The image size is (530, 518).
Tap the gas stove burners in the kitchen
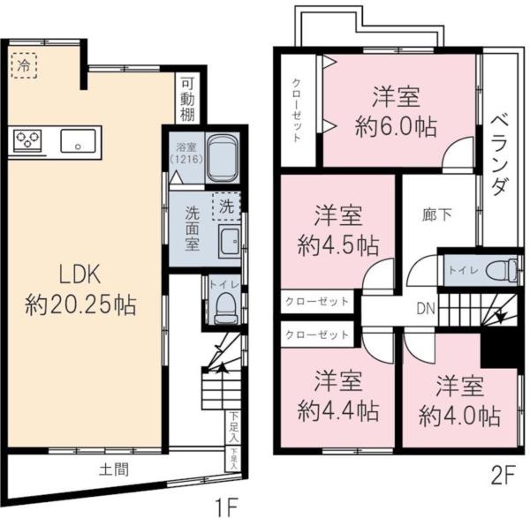tap(28, 140)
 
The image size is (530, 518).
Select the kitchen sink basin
tap(79, 140)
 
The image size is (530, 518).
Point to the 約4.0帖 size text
tap(460, 415)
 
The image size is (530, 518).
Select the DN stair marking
tap(425, 308)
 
